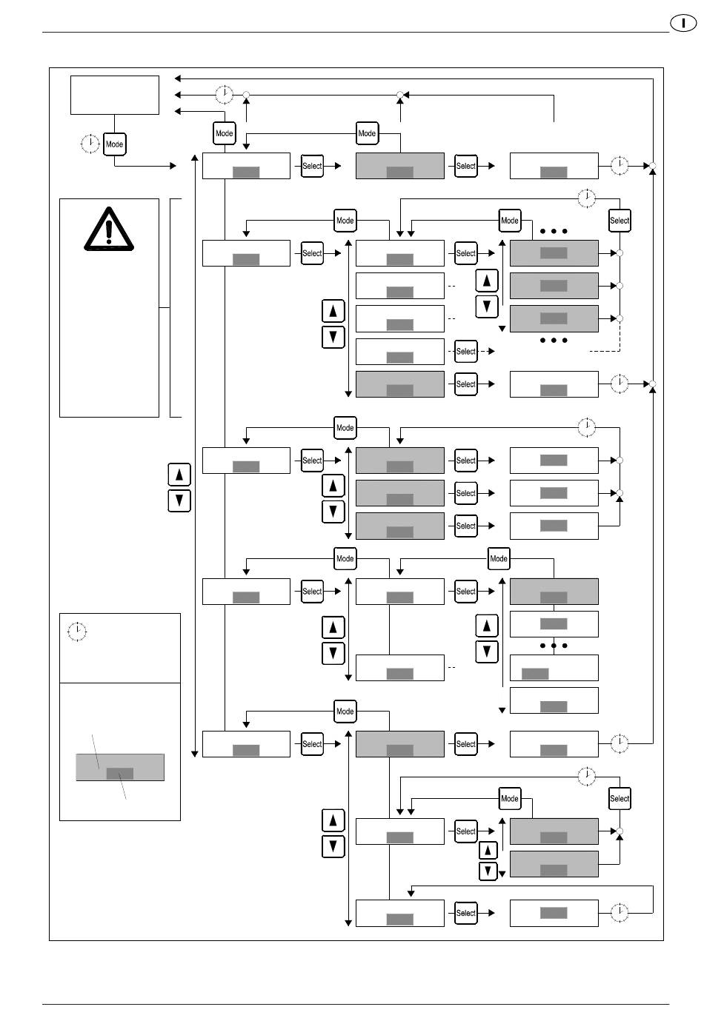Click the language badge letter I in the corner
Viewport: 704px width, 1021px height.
684,23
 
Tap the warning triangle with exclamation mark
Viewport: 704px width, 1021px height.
109,227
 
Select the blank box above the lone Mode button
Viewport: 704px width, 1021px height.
115,95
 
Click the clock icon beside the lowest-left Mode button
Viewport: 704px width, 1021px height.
90,144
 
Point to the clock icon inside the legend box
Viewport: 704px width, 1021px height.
77,632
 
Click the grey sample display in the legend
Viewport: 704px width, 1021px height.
120,767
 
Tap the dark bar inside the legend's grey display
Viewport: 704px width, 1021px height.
120,774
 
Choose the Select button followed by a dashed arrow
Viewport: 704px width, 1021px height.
465,352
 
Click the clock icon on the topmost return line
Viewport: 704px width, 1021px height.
224,95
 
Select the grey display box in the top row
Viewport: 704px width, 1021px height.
400,166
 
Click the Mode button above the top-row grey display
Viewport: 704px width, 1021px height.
367,133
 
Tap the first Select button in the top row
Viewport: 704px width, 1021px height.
312,166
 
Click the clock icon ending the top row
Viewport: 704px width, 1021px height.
620,166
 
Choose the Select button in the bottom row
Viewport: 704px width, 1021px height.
465,913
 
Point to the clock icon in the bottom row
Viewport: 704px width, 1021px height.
620,913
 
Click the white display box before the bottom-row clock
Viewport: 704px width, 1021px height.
554,913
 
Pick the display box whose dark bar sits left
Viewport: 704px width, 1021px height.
554,668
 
